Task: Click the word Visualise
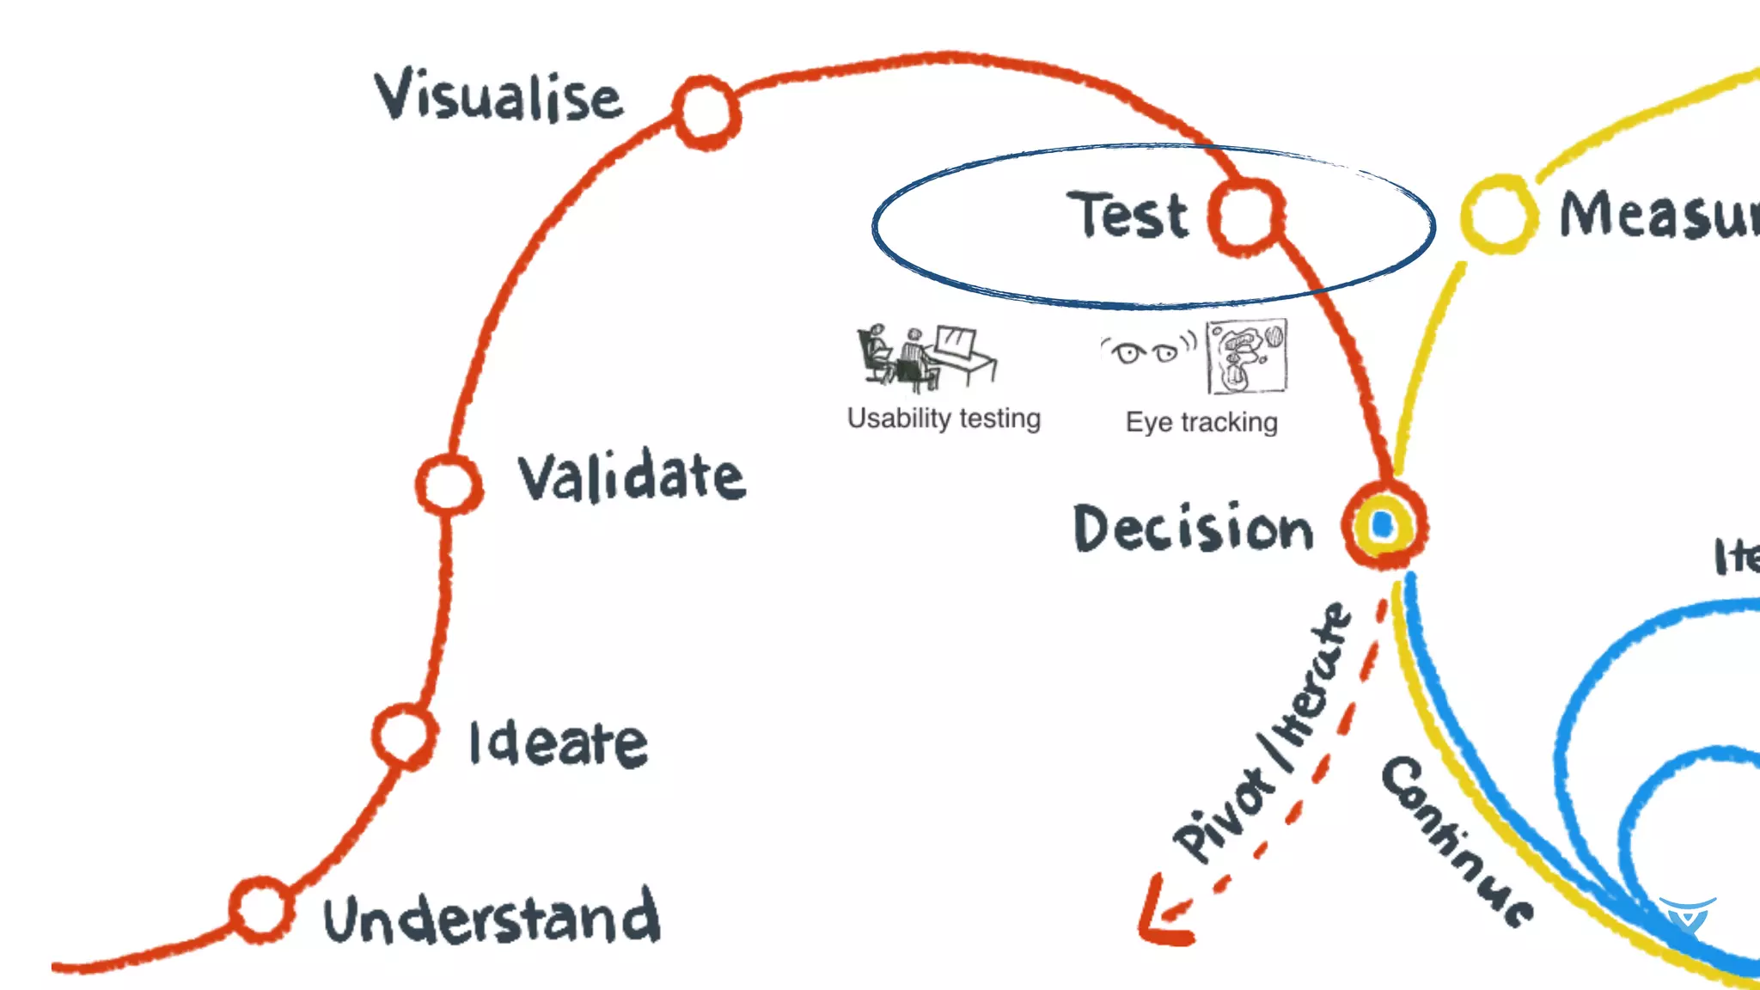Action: click(498, 96)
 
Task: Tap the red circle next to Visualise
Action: click(706, 112)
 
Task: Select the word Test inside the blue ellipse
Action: click(1128, 215)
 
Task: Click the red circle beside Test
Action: click(1246, 217)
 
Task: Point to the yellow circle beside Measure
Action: click(1499, 214)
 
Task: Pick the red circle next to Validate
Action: click(448, 484)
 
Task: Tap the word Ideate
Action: click(559, 743)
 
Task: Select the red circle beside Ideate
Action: click(404, 736)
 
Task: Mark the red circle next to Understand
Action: click(261, 909)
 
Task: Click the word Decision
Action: click(1194, 528)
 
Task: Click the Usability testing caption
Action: click(944, 419)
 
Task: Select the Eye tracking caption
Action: click(1201, 423)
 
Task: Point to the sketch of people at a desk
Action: click(926, 357)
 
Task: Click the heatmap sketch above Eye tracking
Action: click(1246, 357)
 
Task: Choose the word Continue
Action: click(1457, 842)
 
